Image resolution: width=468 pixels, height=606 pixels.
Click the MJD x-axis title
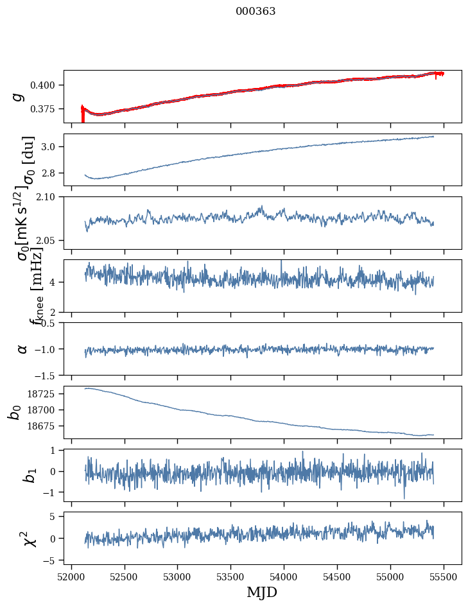[x=262, y=592]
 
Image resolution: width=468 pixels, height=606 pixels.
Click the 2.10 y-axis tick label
[x=50, y=197]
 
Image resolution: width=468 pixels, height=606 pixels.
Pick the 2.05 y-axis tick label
[x=50, y=241]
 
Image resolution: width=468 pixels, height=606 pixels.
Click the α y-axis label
[x=23, y=349]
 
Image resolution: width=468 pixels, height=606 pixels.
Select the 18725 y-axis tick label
[x=43, y=394]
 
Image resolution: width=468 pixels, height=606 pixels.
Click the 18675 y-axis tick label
[x=43, y=426]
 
